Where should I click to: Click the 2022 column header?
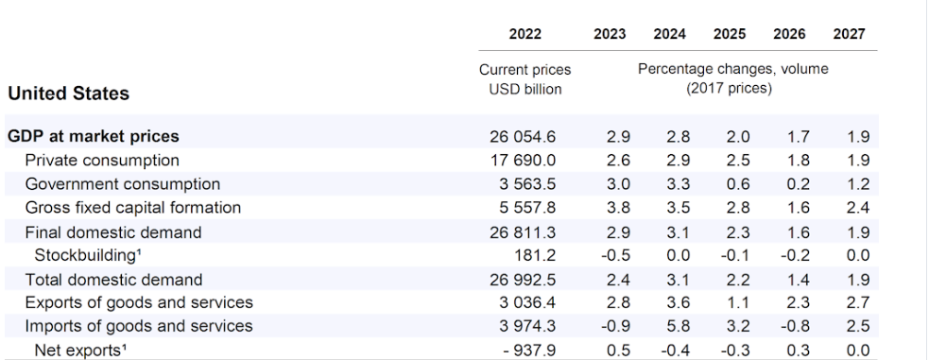click(525, 35)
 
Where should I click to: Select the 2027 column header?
click(849, 35)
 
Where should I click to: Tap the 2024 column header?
click(669, 35)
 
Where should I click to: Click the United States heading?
click(68, 94)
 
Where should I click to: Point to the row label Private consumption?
click(102, 161)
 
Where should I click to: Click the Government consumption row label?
click(123, 184)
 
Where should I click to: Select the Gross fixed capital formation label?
click(133, 208)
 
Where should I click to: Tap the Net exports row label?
click(77, 351)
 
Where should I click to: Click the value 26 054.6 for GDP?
click(525, 137)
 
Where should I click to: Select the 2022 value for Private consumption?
click(525, 161)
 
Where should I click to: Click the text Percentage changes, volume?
click(732, 70)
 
